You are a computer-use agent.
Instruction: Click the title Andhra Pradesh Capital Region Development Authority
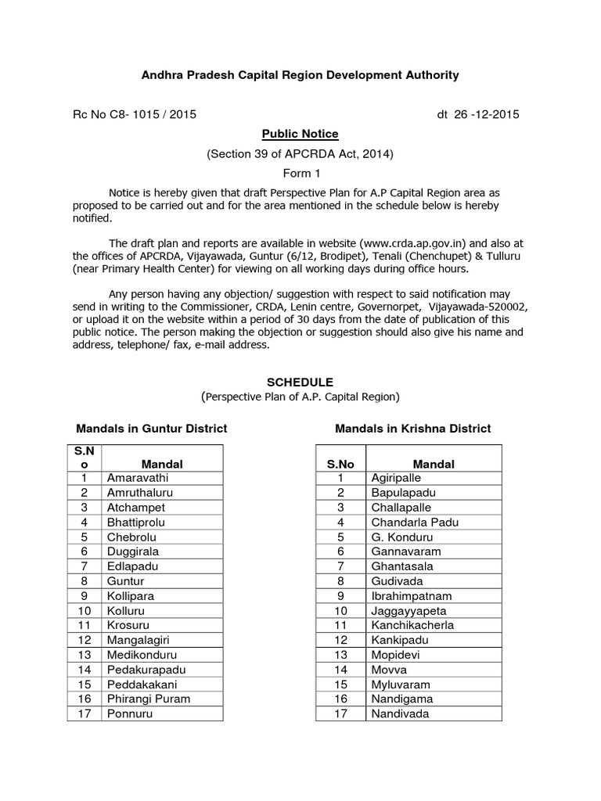300,75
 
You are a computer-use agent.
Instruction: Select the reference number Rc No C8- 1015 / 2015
134,114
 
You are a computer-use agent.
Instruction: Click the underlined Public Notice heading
300,134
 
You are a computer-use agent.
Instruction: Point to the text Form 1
300,173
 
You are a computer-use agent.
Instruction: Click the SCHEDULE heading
300,383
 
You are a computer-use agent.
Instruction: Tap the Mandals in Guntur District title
151,428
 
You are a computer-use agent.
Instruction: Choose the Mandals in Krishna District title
412,428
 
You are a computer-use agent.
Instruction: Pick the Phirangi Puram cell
149,699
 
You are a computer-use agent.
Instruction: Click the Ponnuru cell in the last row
130,713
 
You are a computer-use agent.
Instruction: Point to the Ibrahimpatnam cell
411,595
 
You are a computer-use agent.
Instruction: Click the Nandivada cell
400,713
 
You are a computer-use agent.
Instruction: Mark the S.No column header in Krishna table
340,464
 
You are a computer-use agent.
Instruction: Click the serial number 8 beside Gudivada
340,581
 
